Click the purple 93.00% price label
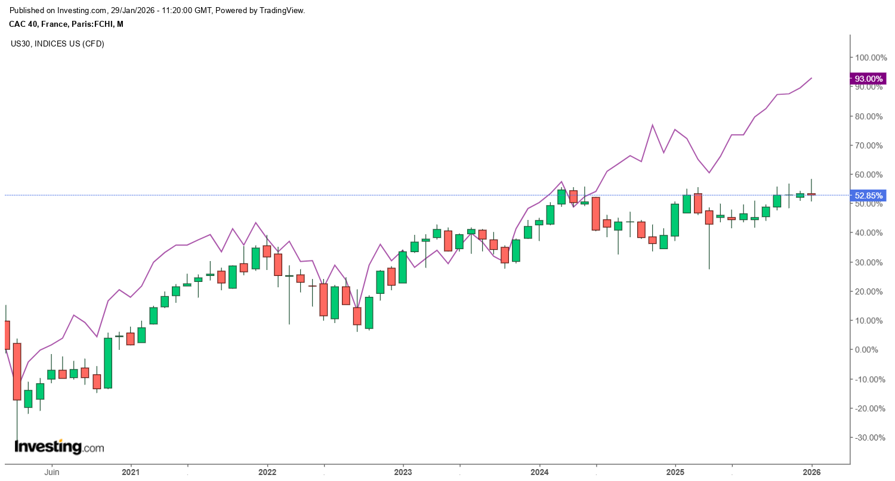pos(868,79)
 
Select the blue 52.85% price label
pos(868,195)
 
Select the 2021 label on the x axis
pos(131,472)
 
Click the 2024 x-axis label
pos(539,472)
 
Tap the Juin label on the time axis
pos(51,472)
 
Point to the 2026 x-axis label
pos(811,472)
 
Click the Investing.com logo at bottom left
pos(58,446)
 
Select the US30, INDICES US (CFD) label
pos(57,44)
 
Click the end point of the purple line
pos(811,78)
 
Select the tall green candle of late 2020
pos(108,363)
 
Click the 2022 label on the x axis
pos(267,472)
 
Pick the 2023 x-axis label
pos(403,472)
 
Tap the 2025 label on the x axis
pos(675,472)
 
